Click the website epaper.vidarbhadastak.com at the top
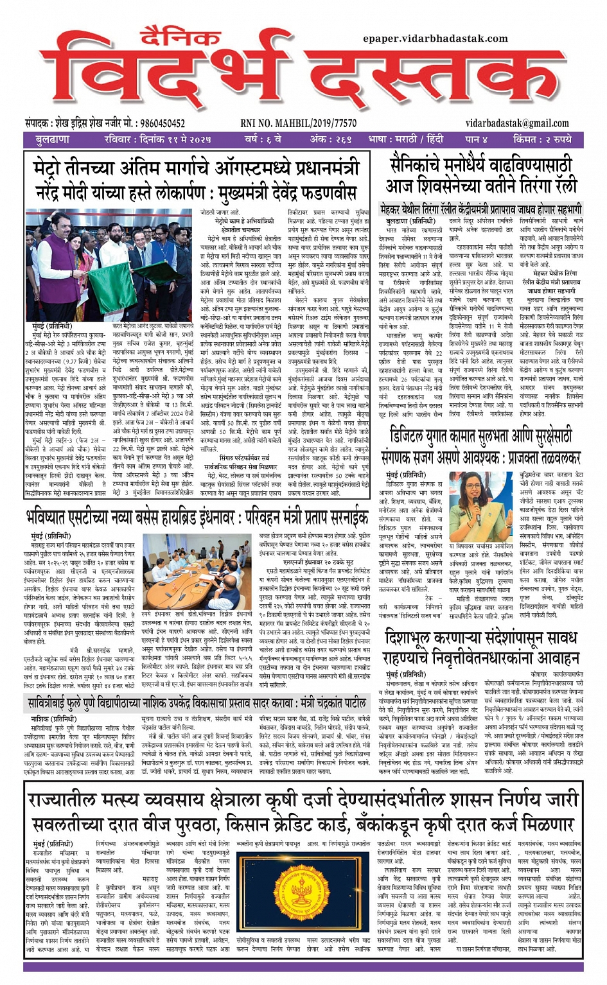click(x=435, y=39)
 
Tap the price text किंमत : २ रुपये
click(x=543, y=139)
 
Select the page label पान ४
click(x=476, y=139)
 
